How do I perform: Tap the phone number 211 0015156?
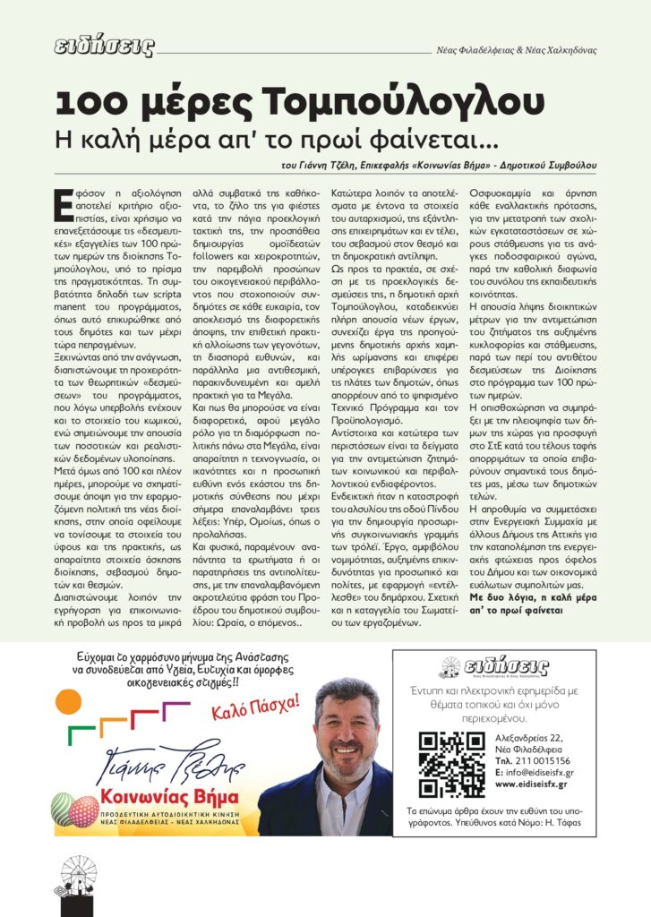pos(535,759)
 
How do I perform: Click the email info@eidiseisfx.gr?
pos(535,772)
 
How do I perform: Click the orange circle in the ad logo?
pos(69,702)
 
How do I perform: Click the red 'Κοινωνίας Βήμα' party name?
pos(170,797)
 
